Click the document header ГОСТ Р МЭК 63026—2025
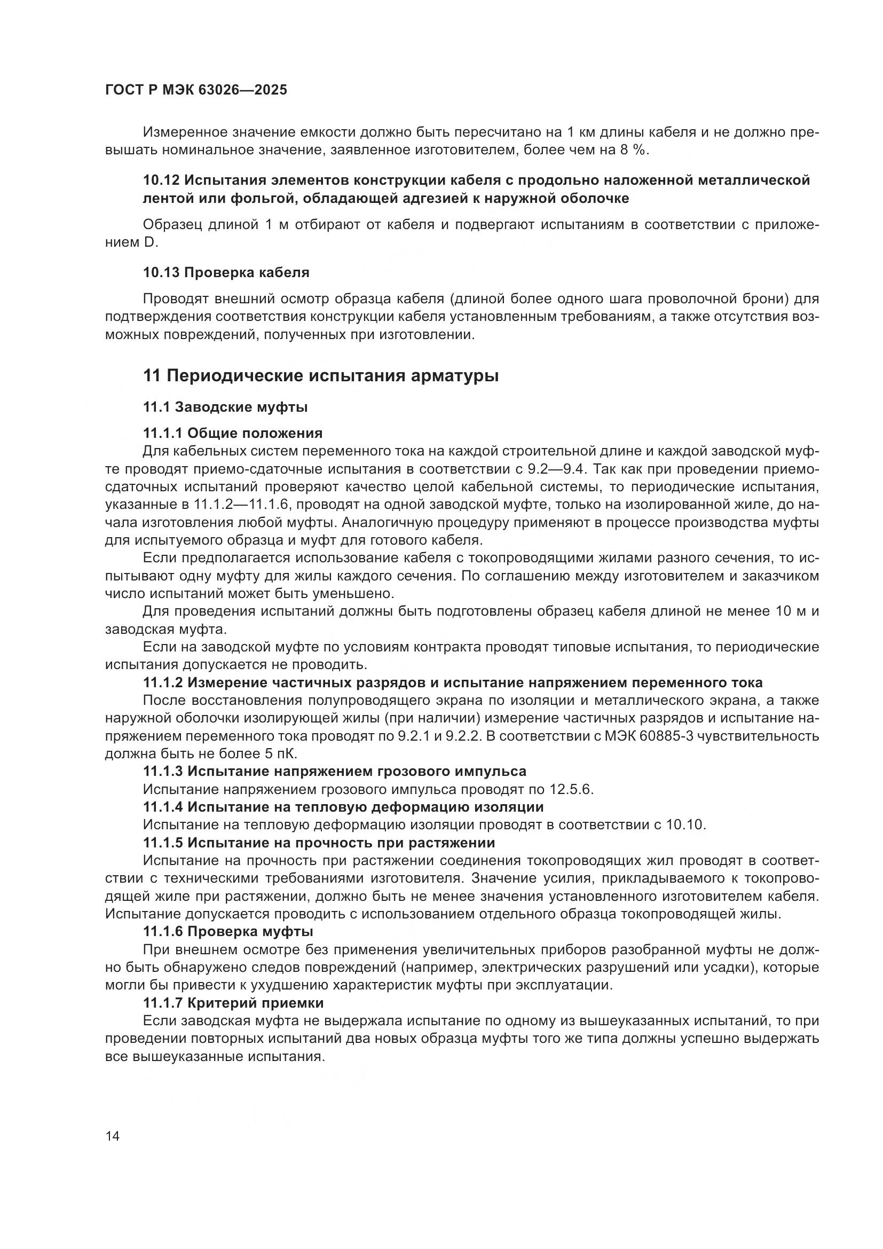pyautogui.click(x=196, y=90)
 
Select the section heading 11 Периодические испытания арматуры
pyautogui.click(x=321, y=375)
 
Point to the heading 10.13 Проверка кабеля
pyautogui.click(x=226, y=272)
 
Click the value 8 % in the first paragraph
pyautogui.click(x=634, y=150)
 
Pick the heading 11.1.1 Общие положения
pyautogui.click(x=233, y=433)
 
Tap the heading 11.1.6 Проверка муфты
pyautogui.click(x=228, y=932)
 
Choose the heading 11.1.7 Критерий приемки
pyautogui.click(x=233, y=1003)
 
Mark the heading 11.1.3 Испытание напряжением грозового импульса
pyautogui.click(x=334, y=772)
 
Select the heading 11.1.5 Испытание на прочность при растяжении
pyautogui.click(x=319, y=843)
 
